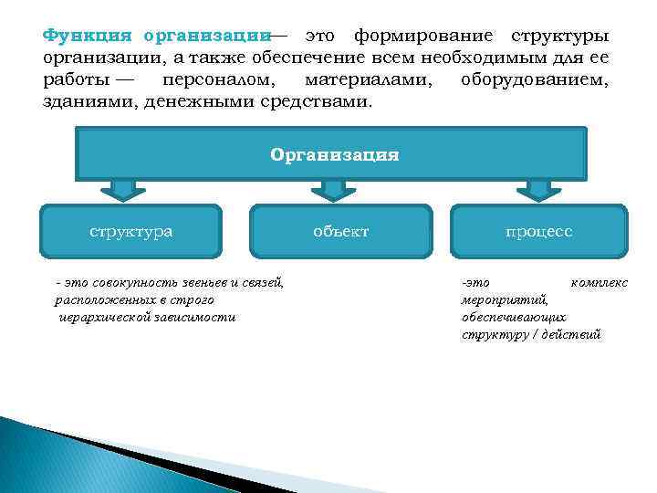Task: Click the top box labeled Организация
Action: tap(334, 154)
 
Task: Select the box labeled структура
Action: tap(130, 231)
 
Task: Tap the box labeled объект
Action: tap(340, 231)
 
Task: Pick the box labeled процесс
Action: tap(539, 231)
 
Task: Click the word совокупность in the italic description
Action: tap(132, 283)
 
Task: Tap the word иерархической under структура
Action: tap(110, 317)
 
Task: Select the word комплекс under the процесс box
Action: tap(599, 283)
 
